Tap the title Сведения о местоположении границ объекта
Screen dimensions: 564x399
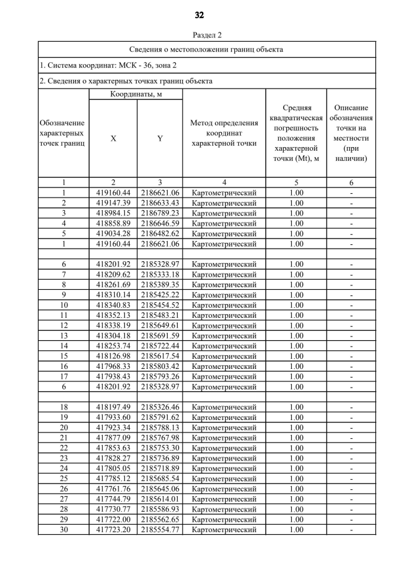[x=206, y=49]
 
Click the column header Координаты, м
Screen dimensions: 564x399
[x=136, y=94]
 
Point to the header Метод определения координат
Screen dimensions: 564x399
[x=224, y=133]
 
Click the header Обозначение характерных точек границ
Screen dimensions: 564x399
[x=62, y=133]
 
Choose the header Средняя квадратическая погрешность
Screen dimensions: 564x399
[x=297, y=133]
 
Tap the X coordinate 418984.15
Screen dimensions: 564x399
[x=113, y=213]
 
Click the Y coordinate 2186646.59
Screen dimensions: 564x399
[x=160, y=223]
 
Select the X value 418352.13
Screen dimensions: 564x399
[x=113, y=315]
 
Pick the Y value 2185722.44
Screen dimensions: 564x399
[x=160, y=346]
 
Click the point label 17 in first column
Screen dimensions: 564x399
[x=64, y=376]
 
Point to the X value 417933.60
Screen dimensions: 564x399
[x=113, y=418]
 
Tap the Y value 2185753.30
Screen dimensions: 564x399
[x=160, y=448]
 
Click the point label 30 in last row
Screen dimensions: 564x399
[x=64, y=530]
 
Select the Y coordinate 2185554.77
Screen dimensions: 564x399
[x=160, y=530]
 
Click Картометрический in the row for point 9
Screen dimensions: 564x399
[x=224, y=295]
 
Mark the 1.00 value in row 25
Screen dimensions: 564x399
[x=297, y=479]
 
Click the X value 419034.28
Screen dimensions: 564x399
[x=113, y=234]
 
